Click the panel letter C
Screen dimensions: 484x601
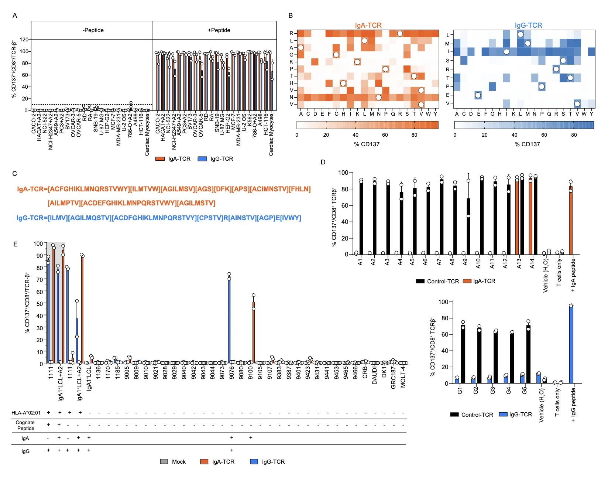[x=15, y=174]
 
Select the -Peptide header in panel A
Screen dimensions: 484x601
[x=93, y=30]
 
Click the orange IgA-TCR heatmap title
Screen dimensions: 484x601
[x=368, y=25]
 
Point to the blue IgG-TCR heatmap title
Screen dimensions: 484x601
[x=528, y=25]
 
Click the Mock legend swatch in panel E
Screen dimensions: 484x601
[x=164, y=461]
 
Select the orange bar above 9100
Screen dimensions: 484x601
[x=254, y=333]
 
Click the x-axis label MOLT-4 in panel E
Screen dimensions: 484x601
[x=403, y=377]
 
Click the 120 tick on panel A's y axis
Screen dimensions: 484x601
[x=24, y=40]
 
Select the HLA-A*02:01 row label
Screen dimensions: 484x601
[x=26, y=413]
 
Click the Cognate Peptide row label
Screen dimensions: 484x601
[x=25, y=425]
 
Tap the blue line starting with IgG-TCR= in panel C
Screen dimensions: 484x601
[x=159, y=218]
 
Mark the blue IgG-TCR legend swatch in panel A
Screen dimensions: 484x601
[x=202, y=159]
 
